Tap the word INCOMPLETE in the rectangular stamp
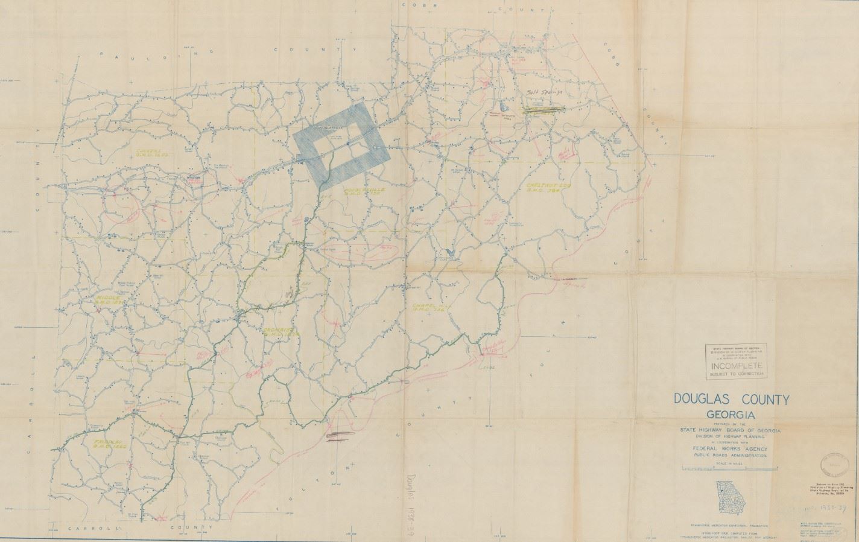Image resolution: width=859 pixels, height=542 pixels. [x=737, y=366]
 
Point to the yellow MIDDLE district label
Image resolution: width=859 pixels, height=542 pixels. [x=110, y=300]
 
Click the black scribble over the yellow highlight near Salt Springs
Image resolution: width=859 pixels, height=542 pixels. [x=543, y=109]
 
